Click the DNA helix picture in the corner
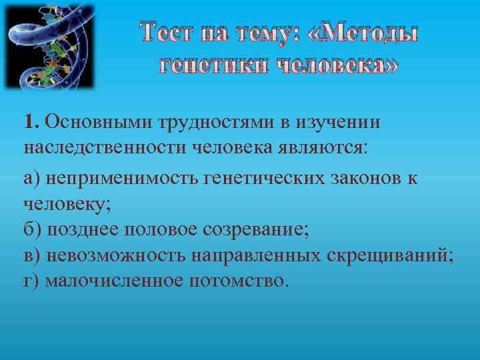(49, 47)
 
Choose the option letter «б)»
(33, 230)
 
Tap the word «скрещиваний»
(397, 255)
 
